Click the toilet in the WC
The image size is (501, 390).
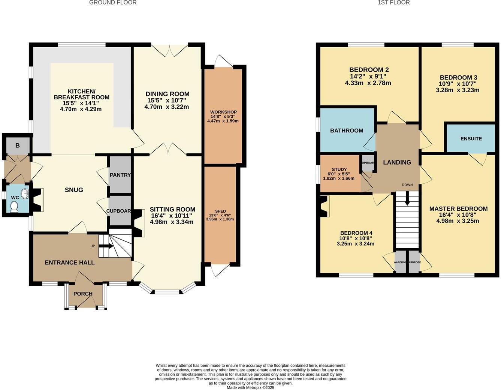14,207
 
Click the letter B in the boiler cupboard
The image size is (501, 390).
17,145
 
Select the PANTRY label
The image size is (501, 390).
120,175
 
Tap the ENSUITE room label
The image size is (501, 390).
471,139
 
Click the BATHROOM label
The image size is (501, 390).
347,130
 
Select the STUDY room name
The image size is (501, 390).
339,169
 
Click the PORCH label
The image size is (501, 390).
83,294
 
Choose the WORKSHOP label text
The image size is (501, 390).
223,112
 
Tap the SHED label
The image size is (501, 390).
220,211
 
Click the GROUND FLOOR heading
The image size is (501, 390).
113,3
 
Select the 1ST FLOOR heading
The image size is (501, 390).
393,3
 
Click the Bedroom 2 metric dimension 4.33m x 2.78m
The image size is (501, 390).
368,83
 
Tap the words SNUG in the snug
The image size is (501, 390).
74,190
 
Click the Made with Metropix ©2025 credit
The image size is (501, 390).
250,388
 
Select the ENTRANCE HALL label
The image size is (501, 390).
70,262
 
